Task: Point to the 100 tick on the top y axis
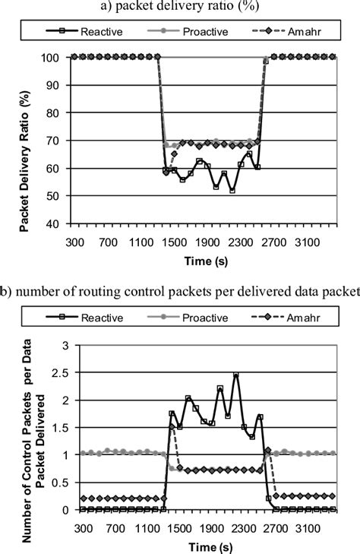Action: coord(58,57)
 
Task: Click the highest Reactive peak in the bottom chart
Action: coord(236,375)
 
